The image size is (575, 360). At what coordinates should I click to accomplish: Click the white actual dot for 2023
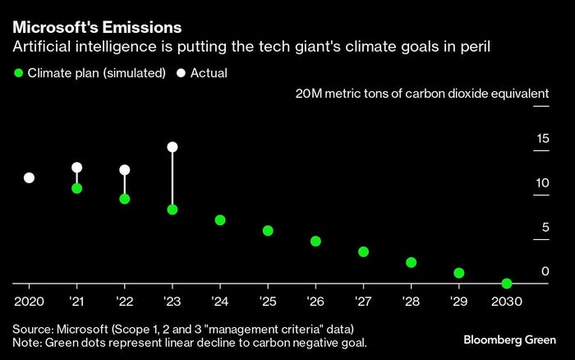(172, 147)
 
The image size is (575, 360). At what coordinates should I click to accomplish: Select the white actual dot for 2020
(29, 178)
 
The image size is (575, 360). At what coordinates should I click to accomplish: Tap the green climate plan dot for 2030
(507, 284)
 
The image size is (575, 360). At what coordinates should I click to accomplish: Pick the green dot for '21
(76, 188)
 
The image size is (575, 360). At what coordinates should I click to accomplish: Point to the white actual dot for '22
(125, 170)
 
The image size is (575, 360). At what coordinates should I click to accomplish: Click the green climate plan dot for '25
(268, 231)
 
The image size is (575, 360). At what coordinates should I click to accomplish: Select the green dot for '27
(363, 252)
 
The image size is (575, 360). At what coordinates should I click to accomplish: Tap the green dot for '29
(459, 273)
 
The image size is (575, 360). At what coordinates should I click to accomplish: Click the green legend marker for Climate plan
(17, 73)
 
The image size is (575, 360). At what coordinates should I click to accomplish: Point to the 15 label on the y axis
(542, 138)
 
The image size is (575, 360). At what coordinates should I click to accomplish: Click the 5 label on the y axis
(545, 227)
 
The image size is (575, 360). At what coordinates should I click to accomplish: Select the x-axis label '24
(219, 301)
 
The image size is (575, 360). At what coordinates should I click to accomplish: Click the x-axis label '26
(315, 301)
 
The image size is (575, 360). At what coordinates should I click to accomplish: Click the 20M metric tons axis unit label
(422, 94)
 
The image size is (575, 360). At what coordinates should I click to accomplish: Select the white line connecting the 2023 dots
(172, 179)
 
